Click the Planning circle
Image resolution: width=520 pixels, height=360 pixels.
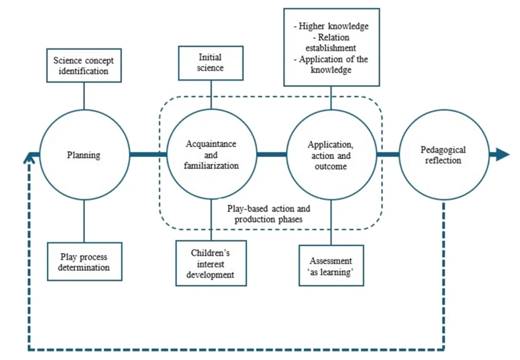(x=84, y=155)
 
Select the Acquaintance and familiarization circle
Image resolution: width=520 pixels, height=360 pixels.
(x=211, y=155)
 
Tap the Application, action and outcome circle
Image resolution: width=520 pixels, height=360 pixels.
(x=332, y=155)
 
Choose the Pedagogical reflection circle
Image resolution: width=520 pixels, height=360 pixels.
(x=443, y=155)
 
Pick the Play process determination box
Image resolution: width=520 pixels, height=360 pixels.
(x=84, y=262)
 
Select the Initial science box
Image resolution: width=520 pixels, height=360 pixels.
(x=211, y=63)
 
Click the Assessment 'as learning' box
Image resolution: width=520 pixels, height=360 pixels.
(x=332, y=265)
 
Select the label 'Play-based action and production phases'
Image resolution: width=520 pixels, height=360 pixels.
(x=269, y=214)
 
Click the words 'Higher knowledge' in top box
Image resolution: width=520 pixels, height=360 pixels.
(x=332, y=27)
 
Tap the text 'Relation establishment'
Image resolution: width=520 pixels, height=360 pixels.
(x=332, y=43)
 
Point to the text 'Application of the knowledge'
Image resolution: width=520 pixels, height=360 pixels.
(x=332, y=64)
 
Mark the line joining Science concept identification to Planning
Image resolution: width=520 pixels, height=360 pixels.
(x=84, y=96)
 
